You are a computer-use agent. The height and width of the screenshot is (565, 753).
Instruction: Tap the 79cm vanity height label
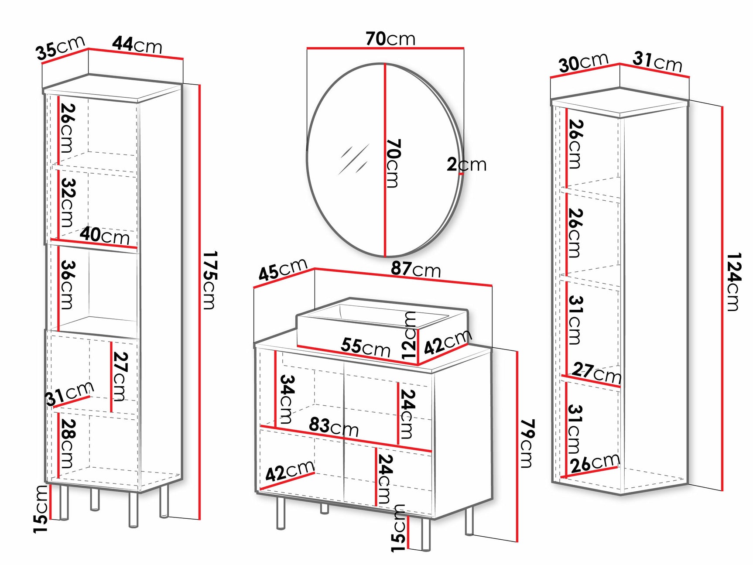coord(527,444)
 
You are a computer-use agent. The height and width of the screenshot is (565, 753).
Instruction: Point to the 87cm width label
coord(416,269)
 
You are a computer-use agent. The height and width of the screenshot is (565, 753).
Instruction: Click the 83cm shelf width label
coord(334,427)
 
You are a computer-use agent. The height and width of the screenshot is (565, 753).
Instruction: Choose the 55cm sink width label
coord(366,347)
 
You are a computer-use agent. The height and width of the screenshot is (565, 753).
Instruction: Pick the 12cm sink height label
coord(410,335)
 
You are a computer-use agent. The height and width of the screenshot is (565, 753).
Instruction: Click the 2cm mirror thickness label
coord(466,164)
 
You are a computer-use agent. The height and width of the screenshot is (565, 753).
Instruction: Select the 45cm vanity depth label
coord(283,270)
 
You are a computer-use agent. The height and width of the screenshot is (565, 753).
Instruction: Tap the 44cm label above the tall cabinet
coord(137,45)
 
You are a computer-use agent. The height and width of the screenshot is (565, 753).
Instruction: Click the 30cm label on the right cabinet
coord(583,62)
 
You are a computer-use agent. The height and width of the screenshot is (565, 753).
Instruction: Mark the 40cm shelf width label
coord(105,236)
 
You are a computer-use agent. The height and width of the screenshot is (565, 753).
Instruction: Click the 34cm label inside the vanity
coord(287,399)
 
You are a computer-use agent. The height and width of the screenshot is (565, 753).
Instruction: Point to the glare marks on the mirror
coord(354,159)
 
